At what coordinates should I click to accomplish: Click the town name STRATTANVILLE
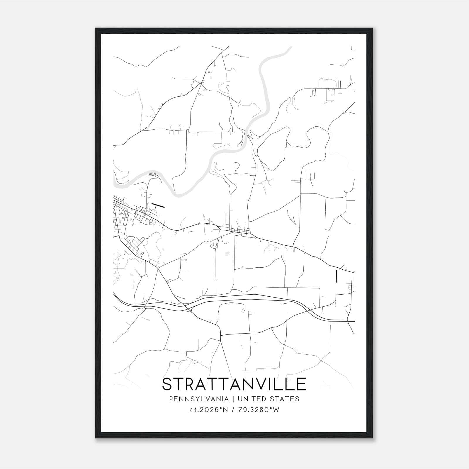tap(234, 384)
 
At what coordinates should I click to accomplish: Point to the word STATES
tap(284, 399)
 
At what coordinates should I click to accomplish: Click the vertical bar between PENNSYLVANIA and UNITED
tap(233, 399)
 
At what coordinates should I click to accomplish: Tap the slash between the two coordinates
tap(233, 410)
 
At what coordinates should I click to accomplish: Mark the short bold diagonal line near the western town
tap(158, 205)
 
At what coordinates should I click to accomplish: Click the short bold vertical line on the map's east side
tap(337, 276)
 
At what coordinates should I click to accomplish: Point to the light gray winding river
tap(265, 97)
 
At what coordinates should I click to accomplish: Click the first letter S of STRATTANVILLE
tap(167, 384)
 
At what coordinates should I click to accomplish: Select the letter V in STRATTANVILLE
tap(260, 384)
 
